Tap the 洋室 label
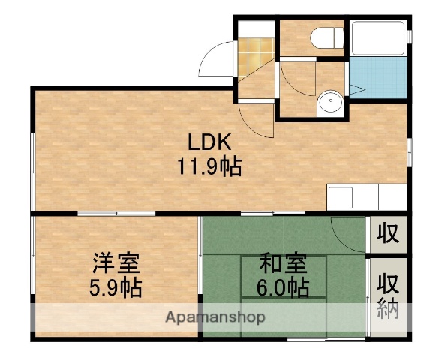pos(116,263)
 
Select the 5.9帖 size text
pos(116,286)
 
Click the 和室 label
pos(283,263)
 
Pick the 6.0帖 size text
pos(283,286)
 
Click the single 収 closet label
pos(387,232)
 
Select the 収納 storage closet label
pos(387,295)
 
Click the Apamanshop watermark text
pos(215,317)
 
